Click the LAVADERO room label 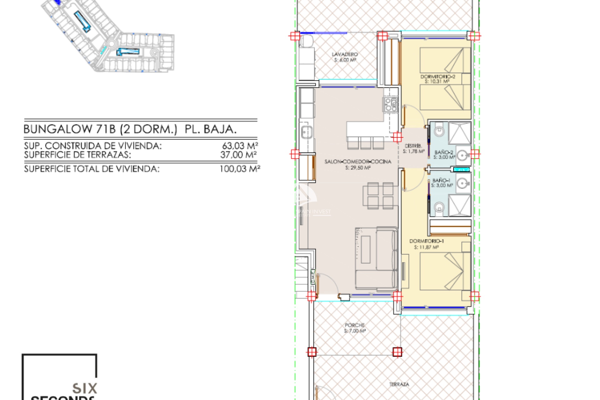345,54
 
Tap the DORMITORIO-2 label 437,77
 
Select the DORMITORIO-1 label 426,241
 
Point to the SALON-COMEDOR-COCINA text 357,162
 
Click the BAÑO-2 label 443,152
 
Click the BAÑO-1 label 441,180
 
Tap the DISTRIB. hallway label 413,146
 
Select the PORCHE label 355,325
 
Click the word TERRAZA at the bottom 399,384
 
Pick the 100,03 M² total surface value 239,169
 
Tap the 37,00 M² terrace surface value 238,155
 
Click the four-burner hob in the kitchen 391,105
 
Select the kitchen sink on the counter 306,132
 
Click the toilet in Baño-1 439,207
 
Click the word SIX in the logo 85,388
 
